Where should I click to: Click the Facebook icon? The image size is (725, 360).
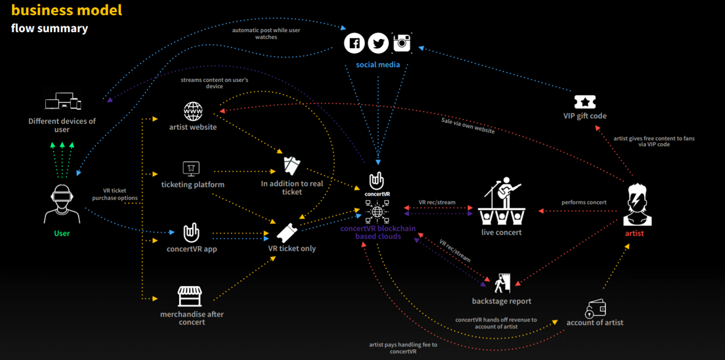354,43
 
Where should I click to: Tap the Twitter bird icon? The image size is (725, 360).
378,43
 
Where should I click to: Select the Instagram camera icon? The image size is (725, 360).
402,42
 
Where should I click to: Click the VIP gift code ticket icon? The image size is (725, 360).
585,102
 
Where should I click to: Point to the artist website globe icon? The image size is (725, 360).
193,112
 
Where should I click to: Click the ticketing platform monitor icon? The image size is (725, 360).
191,169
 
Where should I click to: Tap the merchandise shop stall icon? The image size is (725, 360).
190,296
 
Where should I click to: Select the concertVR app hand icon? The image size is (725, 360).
191,233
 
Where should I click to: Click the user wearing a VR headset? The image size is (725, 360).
62,204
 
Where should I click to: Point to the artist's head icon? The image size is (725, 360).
637,204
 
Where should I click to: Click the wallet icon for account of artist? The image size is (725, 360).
595,308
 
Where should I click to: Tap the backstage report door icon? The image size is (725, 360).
502,283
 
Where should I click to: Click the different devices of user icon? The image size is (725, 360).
63,101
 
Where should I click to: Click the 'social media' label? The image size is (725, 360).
378,65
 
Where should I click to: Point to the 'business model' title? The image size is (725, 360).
67,10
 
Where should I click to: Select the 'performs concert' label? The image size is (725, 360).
584,203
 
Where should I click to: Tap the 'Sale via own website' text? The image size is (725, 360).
468,126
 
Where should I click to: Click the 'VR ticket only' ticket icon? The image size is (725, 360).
287,233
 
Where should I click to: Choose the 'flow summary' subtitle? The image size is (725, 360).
49,28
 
